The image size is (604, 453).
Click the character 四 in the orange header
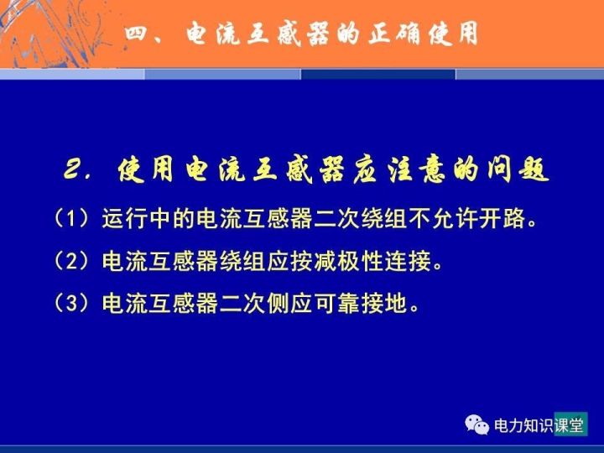click(x=136, y=34)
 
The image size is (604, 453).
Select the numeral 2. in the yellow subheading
click(x=77, y=169)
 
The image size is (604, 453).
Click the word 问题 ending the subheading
click(x=517, y=169)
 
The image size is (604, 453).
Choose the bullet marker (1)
click(x=72, y=218)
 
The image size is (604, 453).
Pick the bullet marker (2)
click(x=72, y=261)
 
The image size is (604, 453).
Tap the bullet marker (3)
click(x=72, y=303)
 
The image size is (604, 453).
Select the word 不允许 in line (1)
click(x=443, y=218)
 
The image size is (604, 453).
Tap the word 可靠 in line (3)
click(x=337, y=303)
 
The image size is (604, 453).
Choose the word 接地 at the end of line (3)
click(x=384, y=303)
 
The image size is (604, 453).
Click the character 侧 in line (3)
click(x=279, y=303)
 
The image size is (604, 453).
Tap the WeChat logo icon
click(x=476, y=424)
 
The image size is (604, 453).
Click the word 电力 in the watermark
click(x=508, y=425)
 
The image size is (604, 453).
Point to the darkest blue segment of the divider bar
click(x=377, y=75)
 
